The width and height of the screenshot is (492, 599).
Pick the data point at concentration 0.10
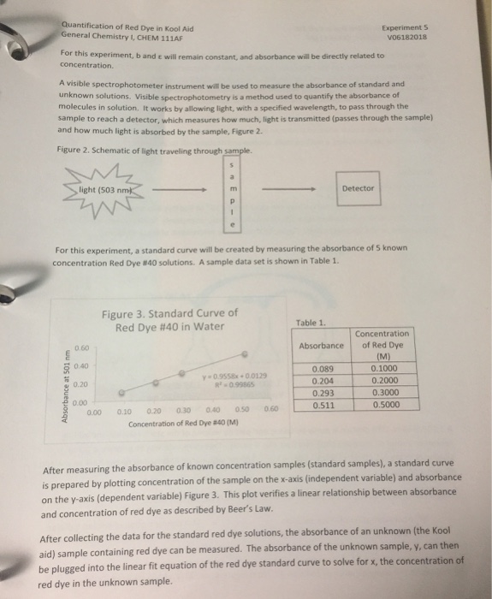122,394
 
